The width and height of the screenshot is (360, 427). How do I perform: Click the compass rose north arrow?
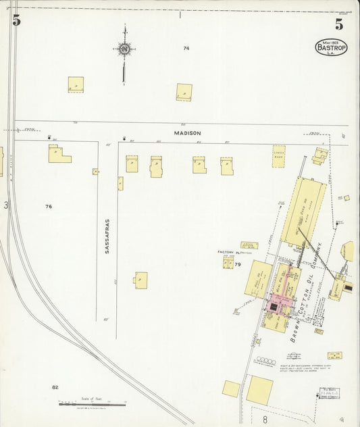124,49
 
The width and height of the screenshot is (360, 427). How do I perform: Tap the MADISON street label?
187,134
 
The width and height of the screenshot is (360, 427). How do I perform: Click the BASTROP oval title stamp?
331,48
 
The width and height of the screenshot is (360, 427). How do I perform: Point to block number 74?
186,48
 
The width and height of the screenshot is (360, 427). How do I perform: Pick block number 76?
48,206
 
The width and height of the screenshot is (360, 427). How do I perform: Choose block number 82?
55,387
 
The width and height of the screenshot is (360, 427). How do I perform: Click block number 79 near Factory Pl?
238,264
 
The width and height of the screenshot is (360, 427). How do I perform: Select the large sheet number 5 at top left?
16,21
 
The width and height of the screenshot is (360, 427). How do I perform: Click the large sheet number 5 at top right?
338,25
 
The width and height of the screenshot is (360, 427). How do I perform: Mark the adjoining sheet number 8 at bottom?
256,420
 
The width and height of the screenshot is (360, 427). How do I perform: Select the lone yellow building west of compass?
76,84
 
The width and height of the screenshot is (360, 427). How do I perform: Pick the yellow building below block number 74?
184,92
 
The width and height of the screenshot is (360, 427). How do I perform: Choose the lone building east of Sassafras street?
140,280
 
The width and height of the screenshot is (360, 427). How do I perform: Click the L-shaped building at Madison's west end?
58,154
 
